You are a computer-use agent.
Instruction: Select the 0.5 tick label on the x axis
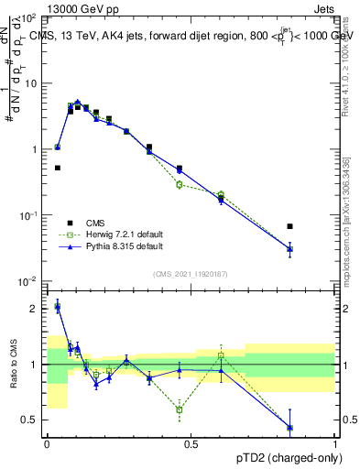191,443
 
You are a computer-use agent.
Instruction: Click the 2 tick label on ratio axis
34,309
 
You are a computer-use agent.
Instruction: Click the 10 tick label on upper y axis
30,83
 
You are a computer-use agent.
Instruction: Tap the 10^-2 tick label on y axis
27,280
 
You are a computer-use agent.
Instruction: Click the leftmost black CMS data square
58,168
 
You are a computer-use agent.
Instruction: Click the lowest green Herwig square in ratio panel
180,409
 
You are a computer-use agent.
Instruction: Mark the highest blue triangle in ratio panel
58,307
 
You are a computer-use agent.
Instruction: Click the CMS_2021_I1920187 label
191,274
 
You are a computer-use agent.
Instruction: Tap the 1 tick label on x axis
334,443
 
